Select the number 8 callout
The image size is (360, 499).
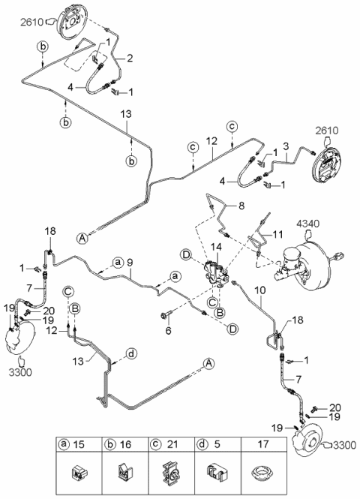click(241, 206)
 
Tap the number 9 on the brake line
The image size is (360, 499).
click(130, 263)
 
